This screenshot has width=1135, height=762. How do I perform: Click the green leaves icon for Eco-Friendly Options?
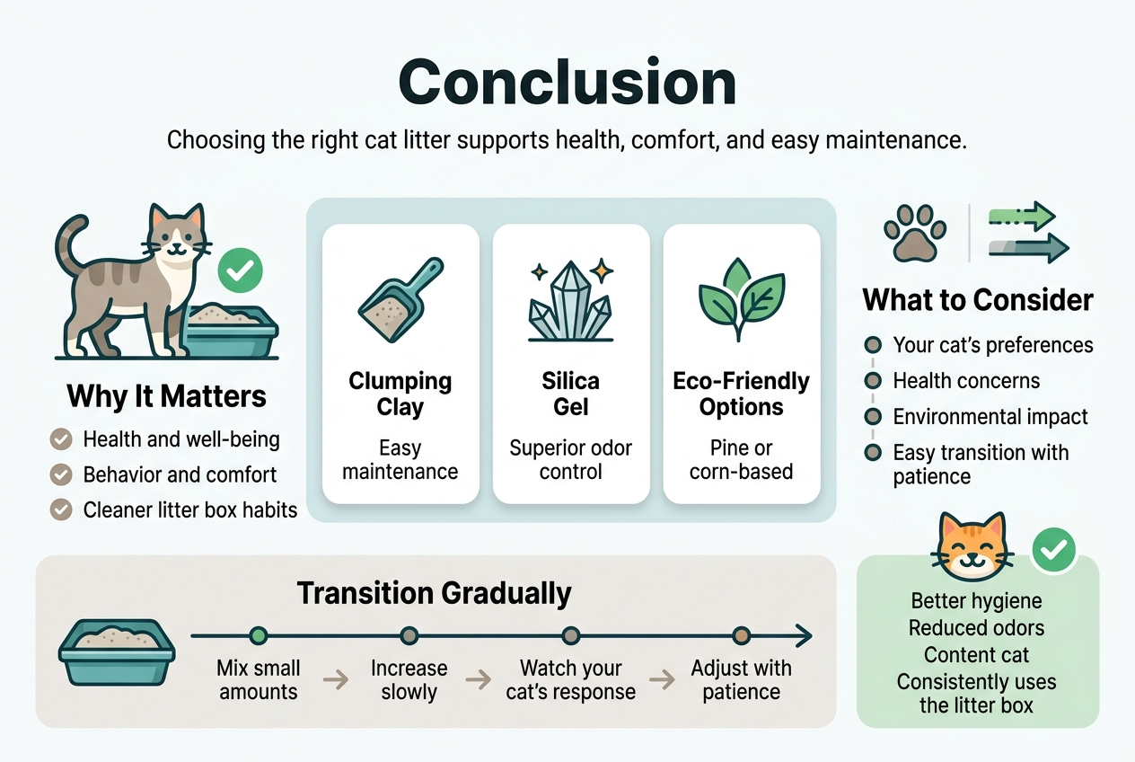pyautogui.click(x=741, y=299)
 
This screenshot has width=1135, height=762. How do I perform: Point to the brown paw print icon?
pyautogui.click(x=914, y=233)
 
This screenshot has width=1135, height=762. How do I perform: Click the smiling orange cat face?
pyautogui.click(x=973, y=547)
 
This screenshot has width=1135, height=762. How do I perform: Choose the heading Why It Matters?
pyautogui.click(x=166, y=396)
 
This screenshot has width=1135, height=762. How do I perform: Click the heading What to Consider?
pyautogui.click(x=978, y=299)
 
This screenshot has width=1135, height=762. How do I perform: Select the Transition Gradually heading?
pyautogui.click(x=434, y=593)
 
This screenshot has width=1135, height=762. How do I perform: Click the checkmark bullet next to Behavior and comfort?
pyautogui.click(x=61, y=474)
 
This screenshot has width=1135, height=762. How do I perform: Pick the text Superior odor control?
pyautogui.click(x=571, y=459)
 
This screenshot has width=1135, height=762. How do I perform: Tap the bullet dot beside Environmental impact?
pyautogui.click(x=872, y=417)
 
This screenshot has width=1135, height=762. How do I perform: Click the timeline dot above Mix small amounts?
pyautogui.click(x=259, y=636)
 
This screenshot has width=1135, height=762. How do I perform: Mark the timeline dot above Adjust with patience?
pyautogui.click(x=741, y=636)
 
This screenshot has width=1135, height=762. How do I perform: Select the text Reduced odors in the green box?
pyautogui.click(x=976, y=628)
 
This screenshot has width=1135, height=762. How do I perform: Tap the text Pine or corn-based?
pyautogui.click(x=741, y=459)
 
